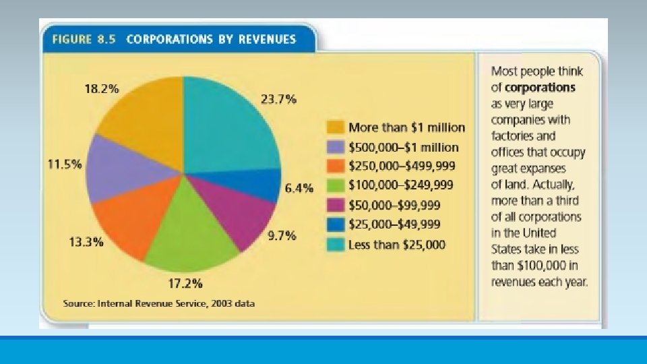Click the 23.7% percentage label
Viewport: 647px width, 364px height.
(278, 99)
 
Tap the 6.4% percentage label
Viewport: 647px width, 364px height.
(299, 189)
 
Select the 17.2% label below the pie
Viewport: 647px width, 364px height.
(185, 282)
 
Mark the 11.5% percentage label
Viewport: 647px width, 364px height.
(65, 164)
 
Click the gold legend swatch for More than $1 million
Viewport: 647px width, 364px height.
(335, 127)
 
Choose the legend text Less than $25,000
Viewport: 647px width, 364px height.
(396, 244)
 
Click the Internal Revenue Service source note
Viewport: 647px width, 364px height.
(158, 303)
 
